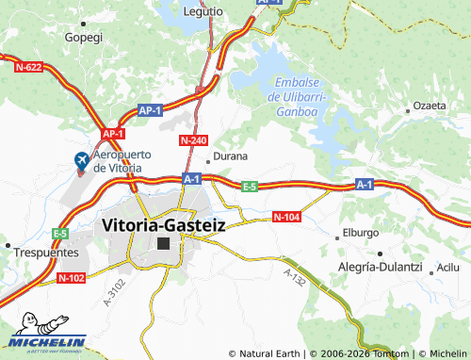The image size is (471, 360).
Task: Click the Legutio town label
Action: pyautogui.click(x=204, y=11)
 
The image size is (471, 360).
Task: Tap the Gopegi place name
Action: pyautogui.click(x=83, y=38)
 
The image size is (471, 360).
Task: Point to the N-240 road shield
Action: pyautogui.click(x=192, y=140)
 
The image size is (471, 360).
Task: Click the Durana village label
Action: pyautogui.click(x=231, y=155)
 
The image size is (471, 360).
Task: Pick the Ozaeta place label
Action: pyautogui.click(x=430, y=106)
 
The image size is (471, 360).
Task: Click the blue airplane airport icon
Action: pyautogui.click(x=82, y=161)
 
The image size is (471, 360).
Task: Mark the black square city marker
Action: pyautogui.click(x=164, y=243)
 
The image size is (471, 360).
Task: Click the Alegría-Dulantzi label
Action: pyautogui.click(x=381, y=268)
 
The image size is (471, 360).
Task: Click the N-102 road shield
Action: pyautogui.click(x=71, y=278)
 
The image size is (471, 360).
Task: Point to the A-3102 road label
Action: pyautogui.click(x=114, y=299)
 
